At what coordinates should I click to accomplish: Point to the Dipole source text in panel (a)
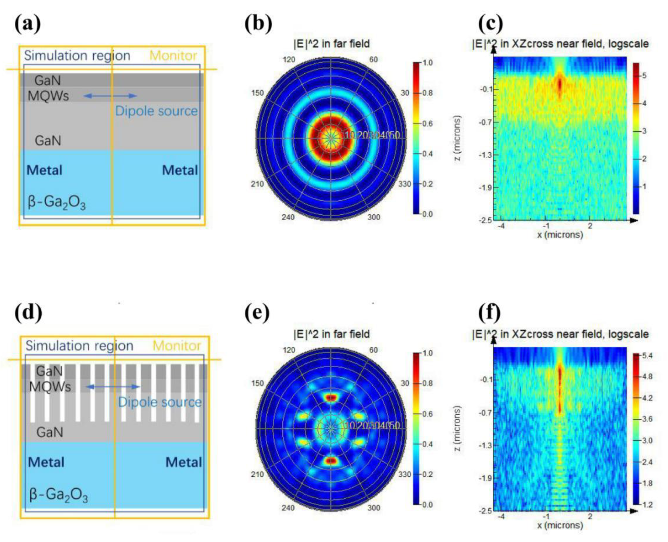[x=156, y=111]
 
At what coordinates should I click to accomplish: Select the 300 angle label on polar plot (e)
[x=374, y=508]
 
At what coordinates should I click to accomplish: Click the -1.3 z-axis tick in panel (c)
[x=485, y=155]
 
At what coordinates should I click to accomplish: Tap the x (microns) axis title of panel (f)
[x=560, y=525]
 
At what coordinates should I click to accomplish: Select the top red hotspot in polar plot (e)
[x=331, y=397]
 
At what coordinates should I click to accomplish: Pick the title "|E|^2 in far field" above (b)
[x=331, y=44]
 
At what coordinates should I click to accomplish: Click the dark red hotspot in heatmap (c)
[x=559, y=84]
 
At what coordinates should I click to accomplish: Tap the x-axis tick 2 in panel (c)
[x=590, y=226]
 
